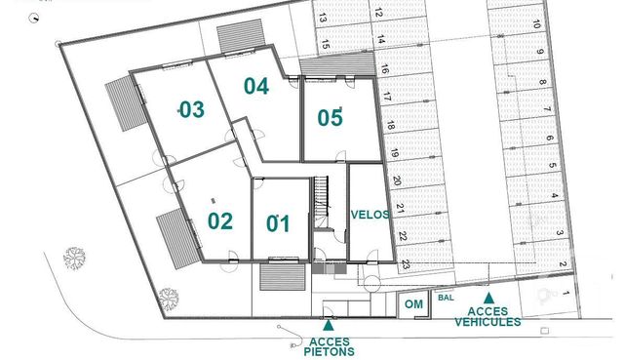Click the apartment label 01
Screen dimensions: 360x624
(x=279, y=223)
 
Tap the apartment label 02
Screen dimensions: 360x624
(x=220, y=220)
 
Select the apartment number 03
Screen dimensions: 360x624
(x=191, y=109)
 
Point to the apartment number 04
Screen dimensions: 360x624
(x=255, y=86)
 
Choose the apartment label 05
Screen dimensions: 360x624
(x=331, y=118)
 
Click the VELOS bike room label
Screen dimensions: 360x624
(x=370, y=215)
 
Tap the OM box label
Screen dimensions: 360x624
(x=412, y=305)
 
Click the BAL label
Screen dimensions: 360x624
(x=446, y=298)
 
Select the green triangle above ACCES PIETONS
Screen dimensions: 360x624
(x=329, y=324)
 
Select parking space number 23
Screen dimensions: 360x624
(x=404, y=263)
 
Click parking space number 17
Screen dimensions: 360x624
(x=388, y=98)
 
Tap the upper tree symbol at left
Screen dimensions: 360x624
(x=74, y=259)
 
